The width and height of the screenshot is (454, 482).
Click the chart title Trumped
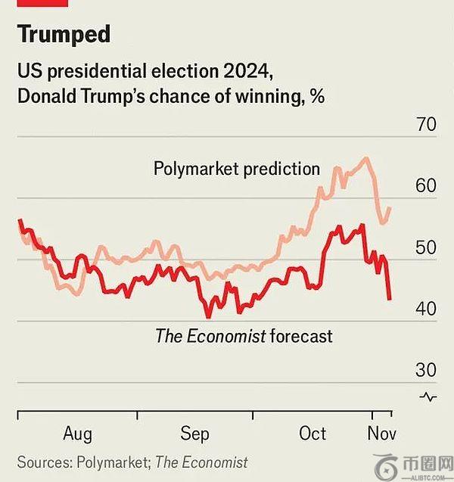64,34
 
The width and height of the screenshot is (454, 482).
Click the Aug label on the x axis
77,434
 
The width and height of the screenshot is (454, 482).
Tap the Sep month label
194,434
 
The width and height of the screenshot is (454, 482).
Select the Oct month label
313,434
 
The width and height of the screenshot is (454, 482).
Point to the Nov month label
381,434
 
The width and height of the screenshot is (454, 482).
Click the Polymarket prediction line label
237,168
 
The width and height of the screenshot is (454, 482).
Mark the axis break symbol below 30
428,396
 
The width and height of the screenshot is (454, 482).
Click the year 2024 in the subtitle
242,73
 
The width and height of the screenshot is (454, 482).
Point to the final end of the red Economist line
390,300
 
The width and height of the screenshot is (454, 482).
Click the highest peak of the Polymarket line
367,157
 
